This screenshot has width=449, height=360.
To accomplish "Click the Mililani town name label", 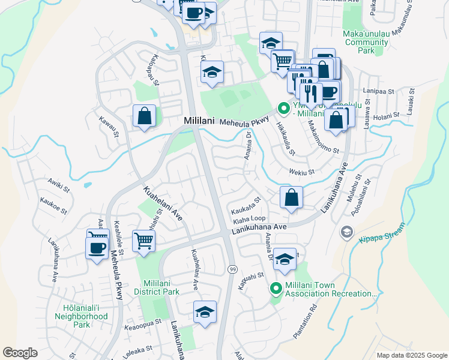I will click(199, 122).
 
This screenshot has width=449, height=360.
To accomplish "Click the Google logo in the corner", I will click(20, 353).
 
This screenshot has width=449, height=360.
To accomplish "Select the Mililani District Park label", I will click(162, 287).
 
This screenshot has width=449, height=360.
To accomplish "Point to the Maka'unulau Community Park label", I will click(366, 42).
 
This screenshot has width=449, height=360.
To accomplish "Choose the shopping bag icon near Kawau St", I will click(145, 116).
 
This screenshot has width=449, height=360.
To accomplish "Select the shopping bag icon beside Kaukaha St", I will click(291, 197).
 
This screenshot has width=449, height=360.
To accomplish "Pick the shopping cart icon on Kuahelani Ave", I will click(144, 241).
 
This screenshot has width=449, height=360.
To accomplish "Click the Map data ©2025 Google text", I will click(411, 355).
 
